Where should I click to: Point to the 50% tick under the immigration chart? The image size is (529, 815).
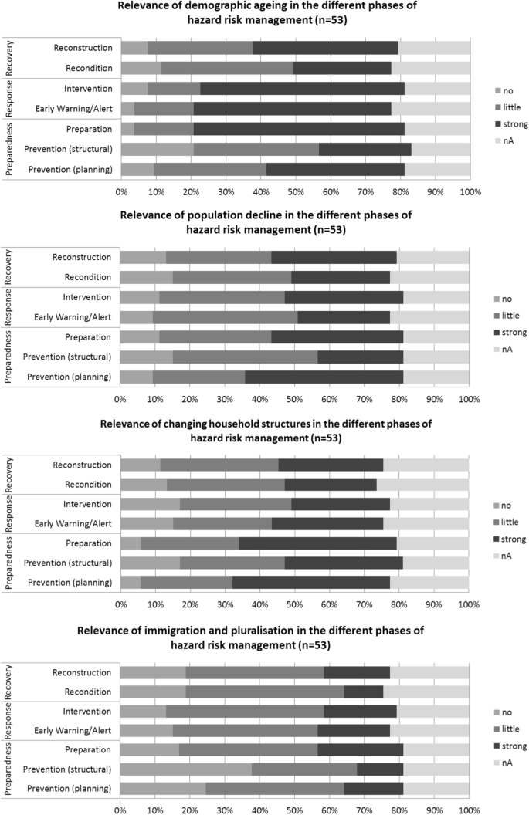pos(294,807)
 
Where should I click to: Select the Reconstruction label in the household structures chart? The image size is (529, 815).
pos(82,465)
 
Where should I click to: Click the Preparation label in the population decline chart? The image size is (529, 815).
pos(88,336)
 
